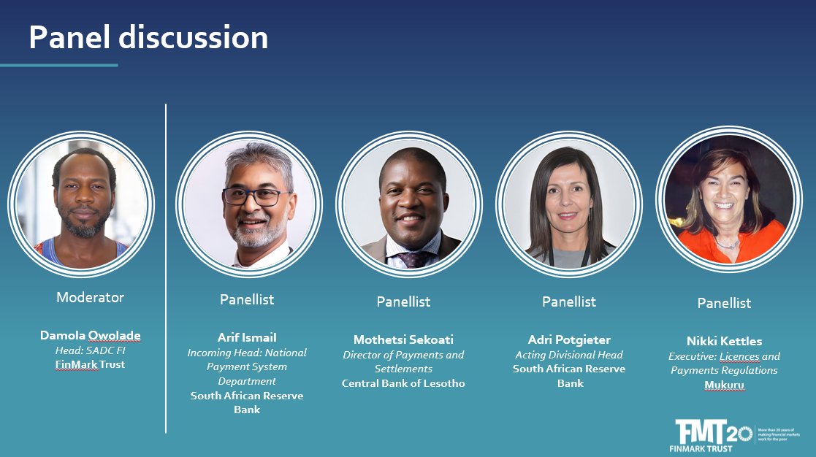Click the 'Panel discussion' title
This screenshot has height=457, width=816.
(x=148, y=37)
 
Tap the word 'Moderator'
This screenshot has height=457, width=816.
(x=90, y=297)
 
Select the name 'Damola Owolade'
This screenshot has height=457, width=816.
(x=90, y=336)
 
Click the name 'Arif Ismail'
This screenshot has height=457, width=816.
(x=247, y=337)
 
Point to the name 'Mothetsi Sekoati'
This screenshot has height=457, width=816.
(x=403, y=339)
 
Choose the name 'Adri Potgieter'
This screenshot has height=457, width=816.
(x=569, y=339)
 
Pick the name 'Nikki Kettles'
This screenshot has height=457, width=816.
(x=724, y=341)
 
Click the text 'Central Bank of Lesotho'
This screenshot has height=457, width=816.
(x=403, y=383)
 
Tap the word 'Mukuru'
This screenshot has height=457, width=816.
(x=724, y=385)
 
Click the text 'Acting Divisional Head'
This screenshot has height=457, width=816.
(x=569, y=355)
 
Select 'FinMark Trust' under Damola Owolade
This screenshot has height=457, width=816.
(x=90, y=364)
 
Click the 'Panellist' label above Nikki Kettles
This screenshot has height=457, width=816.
(x=724, y=303)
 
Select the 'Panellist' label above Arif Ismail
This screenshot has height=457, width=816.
(x=247, y=299)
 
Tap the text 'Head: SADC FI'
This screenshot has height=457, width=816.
(x=90, y=350)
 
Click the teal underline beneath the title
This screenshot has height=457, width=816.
(x=58, y=65)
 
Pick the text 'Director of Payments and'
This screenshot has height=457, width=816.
(x=403, y=355)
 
